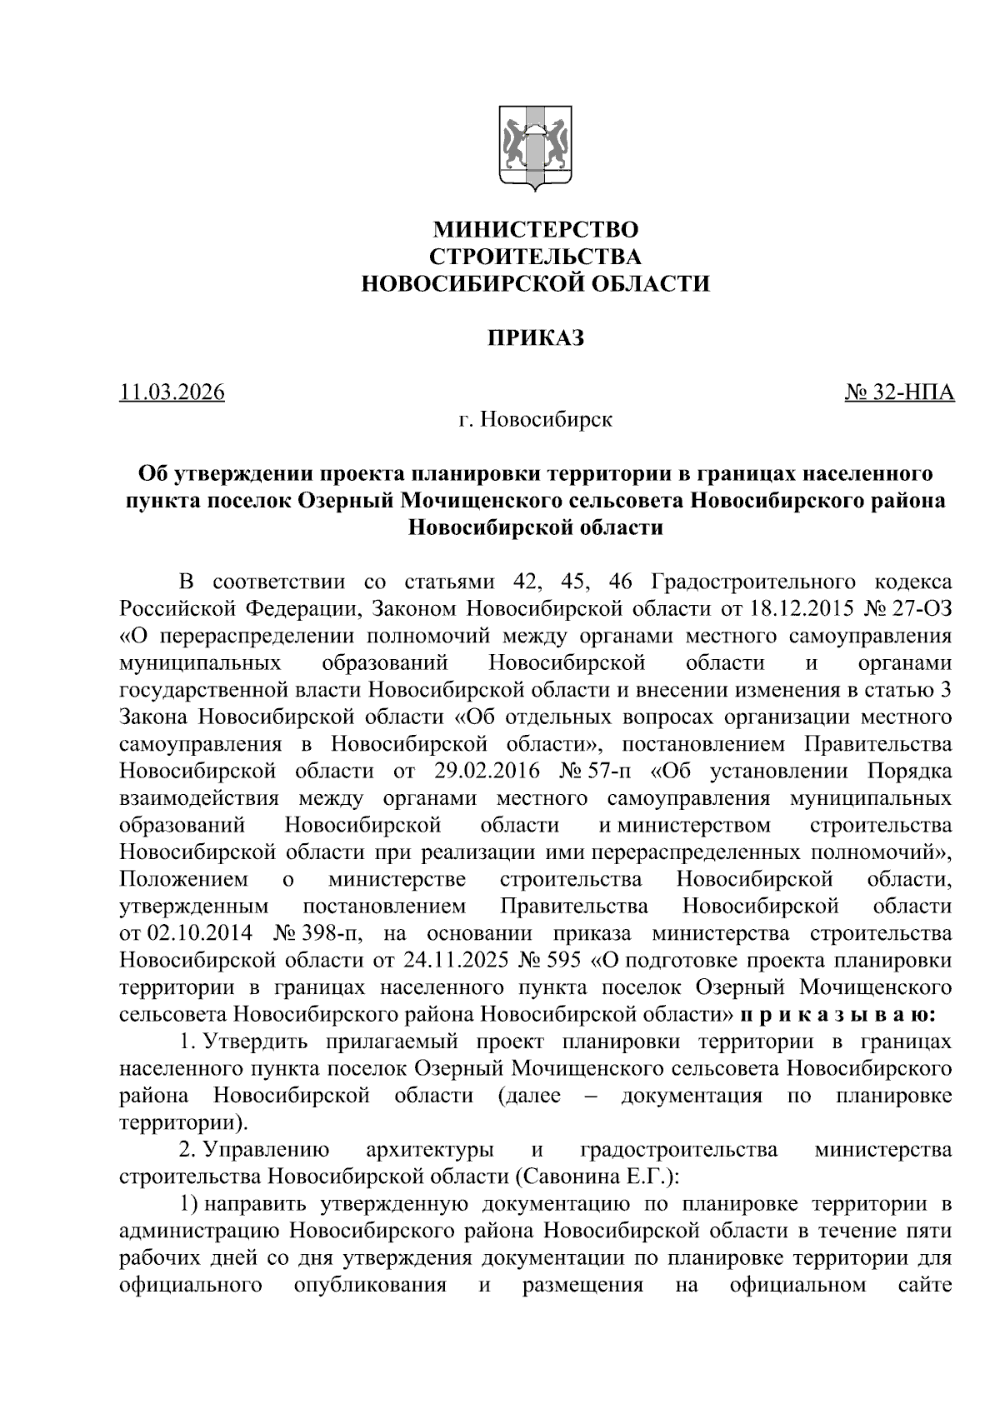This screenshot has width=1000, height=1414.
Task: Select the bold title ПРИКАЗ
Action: click(x=534, y=338)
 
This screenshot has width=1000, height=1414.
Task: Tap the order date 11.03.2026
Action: click(x=172, y=392)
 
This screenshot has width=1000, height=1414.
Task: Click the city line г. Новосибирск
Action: click(x=534, y=419)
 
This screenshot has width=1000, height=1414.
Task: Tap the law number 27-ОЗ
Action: click(x=919, y=607)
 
